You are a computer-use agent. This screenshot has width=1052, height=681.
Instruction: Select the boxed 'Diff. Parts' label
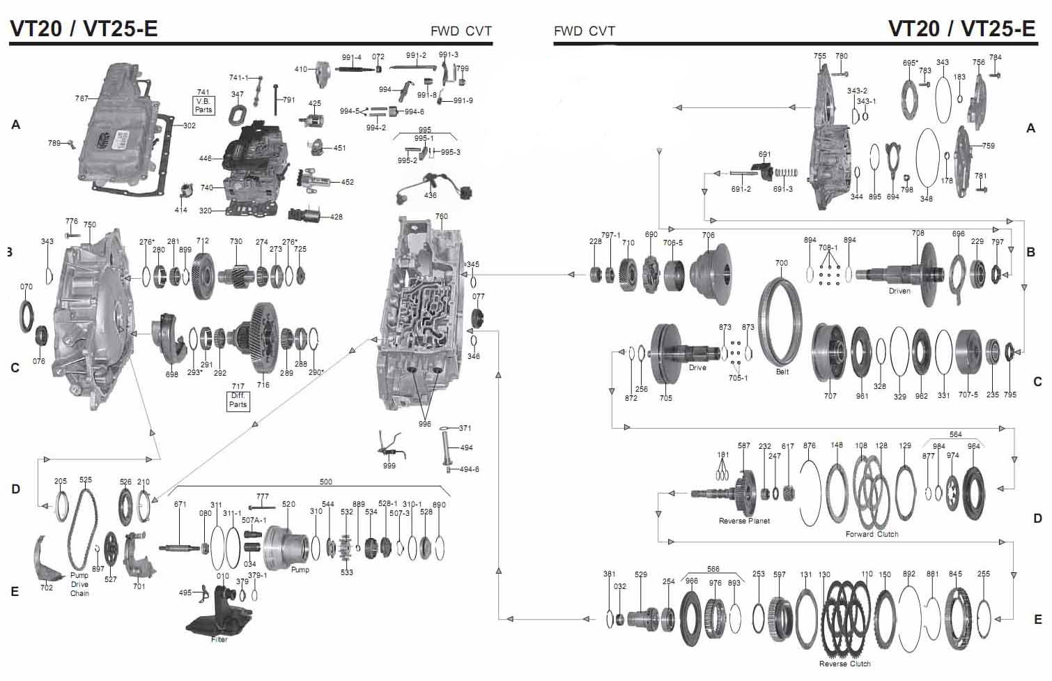238,400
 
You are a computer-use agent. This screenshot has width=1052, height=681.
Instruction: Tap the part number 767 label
82,99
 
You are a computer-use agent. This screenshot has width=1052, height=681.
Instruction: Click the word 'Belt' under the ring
782,372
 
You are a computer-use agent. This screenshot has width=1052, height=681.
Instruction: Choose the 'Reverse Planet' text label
744,521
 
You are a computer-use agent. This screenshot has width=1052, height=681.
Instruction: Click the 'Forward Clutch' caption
872,535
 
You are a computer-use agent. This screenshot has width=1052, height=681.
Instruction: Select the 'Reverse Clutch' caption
844,664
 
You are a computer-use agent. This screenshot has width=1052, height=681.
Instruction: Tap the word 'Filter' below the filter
219,640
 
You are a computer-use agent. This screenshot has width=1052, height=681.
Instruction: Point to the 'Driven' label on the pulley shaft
899,291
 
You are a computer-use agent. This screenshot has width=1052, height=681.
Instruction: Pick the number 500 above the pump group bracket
325,482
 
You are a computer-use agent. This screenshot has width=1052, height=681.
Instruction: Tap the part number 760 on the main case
441,217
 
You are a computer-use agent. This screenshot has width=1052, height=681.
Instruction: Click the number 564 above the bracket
955,434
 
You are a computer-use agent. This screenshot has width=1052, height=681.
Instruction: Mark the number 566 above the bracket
713,569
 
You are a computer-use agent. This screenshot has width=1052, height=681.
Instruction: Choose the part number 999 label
389,466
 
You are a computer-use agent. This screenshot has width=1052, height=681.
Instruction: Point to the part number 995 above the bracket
424,130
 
